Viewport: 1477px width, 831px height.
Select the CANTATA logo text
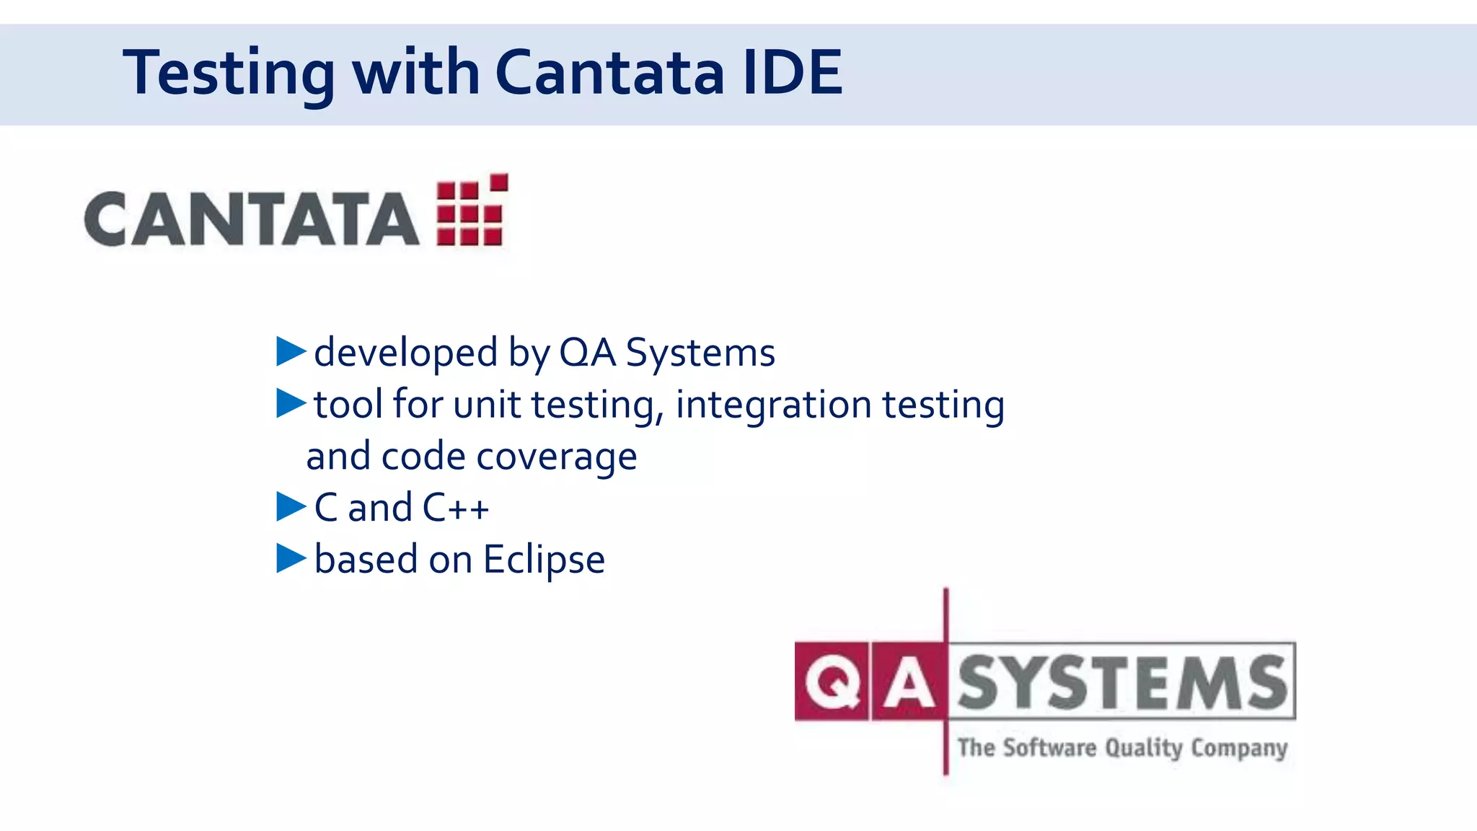tap(251, 219)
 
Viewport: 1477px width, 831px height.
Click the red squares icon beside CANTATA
tap(472, 211)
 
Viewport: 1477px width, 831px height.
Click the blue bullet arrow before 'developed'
tap(291, 351)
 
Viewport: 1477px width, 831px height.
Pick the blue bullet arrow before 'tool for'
tap(291, 403)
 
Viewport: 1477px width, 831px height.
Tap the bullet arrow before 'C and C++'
tap(291, 506)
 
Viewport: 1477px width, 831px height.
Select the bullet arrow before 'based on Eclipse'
tap(291, 558)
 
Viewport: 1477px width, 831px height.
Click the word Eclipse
tap(544, 560)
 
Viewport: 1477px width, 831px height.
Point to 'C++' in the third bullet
tap(456, 507)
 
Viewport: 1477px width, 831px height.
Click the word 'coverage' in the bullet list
tap(556, 457)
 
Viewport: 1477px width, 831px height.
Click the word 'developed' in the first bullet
tap(406, 353)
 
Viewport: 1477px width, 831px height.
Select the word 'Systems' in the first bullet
tap(700, 353)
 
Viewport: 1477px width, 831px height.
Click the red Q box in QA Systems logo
tap(832, 682)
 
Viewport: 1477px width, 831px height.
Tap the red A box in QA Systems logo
tap(908, 682)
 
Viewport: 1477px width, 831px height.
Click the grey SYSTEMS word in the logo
tap(1122, 682)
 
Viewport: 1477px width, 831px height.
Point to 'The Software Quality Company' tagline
tap(1122, 747)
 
